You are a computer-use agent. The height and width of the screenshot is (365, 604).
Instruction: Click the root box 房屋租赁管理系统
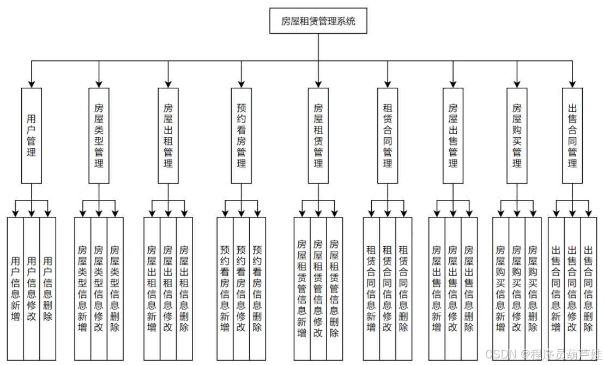(x=318, y=22)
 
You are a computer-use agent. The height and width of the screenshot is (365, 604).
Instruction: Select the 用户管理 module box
(x=32, y=135)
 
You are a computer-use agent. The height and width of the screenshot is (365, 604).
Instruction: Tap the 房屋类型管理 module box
(x=99, y=135)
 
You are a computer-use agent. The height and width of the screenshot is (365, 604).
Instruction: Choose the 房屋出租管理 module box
(x=168, y=135)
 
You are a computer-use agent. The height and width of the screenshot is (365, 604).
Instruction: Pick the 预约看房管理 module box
(x=241, y=135)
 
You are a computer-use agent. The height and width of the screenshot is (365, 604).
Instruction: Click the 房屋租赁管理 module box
(x=318, y=135)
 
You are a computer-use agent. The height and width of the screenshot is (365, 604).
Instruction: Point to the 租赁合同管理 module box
(x=388, y=135)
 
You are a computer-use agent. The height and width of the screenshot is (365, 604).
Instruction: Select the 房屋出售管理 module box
(x=453, y=135)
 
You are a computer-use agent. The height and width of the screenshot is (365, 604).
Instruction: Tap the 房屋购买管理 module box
(x=517, y=135)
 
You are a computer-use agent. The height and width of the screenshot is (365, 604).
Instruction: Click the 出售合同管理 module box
(x=572, y=135)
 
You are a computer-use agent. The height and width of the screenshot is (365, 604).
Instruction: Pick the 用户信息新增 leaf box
(x=15, y=289)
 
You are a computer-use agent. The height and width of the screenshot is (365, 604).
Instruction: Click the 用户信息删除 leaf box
(x=48, y=289)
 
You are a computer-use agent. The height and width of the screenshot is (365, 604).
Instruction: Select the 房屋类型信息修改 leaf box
(x=99, y=289)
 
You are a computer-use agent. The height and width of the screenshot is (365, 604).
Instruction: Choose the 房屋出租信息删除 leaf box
(x=184, y=289)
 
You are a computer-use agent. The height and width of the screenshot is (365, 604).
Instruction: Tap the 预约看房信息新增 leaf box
(x=225, y=289)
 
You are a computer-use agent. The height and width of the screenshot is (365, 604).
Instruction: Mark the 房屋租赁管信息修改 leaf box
(x=318, y=289)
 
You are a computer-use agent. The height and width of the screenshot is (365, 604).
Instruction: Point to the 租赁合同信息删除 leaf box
(x=404, y=289)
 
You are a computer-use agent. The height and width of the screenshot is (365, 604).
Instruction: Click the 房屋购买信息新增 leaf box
(x=500, y=289)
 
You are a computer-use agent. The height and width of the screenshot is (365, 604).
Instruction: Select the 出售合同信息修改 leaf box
(x=572, y=289)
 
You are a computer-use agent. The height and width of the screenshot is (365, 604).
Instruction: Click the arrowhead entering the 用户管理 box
(x=32, y=83)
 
